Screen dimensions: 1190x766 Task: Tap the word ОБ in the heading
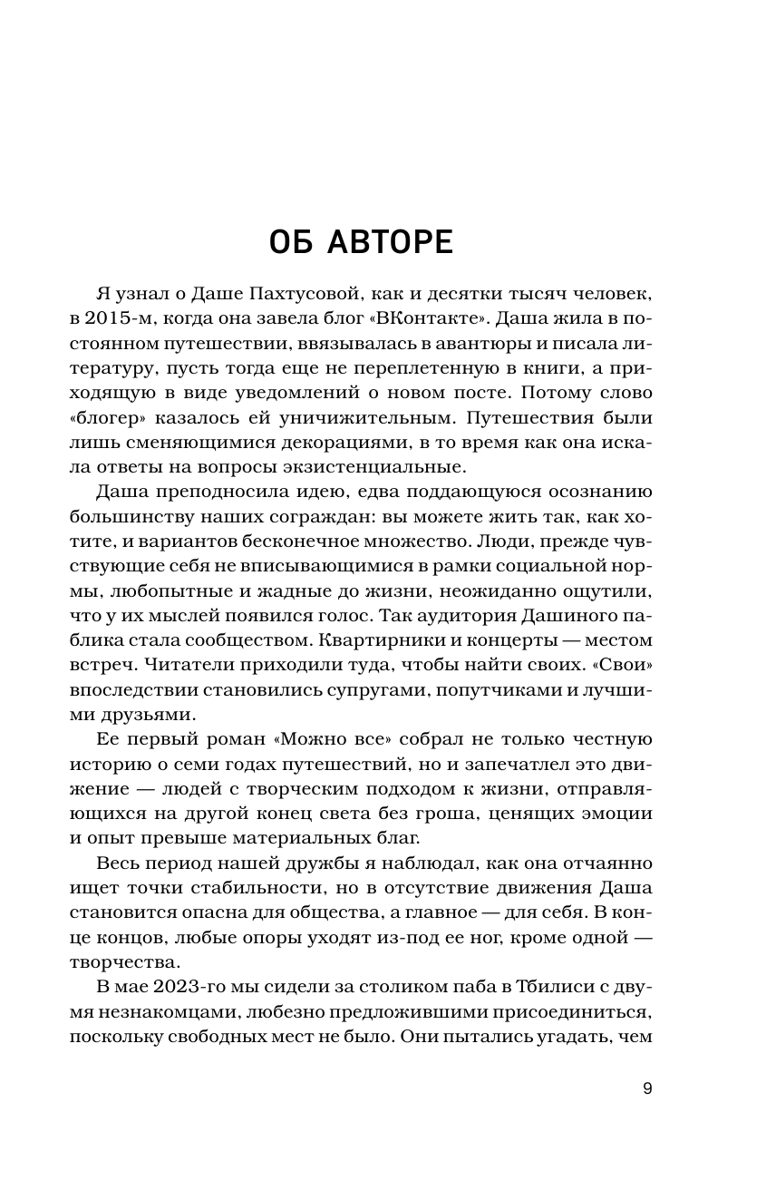point(296,244)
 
